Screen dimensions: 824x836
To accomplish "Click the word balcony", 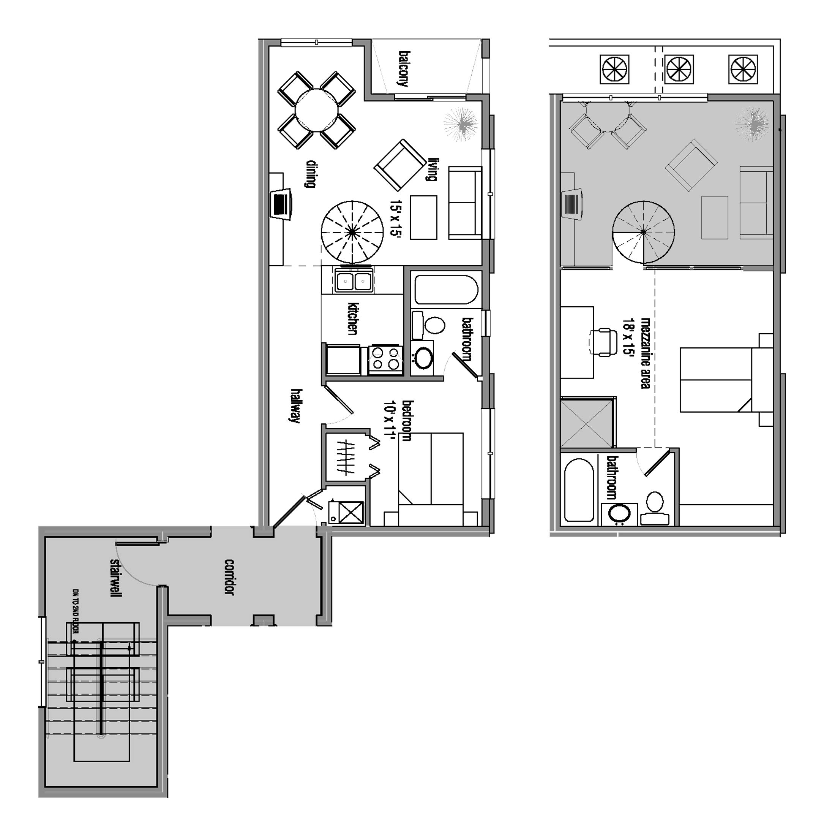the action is pos(403,69).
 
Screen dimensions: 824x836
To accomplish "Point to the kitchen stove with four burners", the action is pos(385,359).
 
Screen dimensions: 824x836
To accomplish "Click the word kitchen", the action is pos(352,318).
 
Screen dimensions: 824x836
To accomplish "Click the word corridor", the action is pos(229,577).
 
